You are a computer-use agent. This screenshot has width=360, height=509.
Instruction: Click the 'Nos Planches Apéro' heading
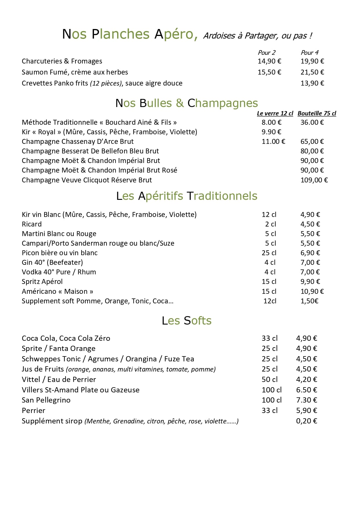[x=130, y=34]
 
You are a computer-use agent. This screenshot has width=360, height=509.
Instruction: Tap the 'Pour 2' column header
[x=266, y=52]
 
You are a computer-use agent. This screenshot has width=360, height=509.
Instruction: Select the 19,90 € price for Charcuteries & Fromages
[x=312, y=61]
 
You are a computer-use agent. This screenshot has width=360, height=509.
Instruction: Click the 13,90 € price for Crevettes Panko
[x=312, y=83]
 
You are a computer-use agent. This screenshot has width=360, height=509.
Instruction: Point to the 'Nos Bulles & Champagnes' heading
[x=187, y=103]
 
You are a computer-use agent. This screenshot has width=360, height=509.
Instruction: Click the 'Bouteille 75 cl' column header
[x=317, y=113]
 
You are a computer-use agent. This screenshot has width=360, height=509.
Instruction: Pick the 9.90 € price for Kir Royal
[x=271, y=132]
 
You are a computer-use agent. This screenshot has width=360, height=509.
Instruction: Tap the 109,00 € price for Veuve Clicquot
[x=314, y=180]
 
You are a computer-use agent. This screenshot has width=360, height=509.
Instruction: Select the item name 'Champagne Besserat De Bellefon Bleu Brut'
[x=90, y=151]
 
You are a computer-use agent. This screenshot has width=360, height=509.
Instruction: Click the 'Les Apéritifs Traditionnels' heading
[x=187, y=196]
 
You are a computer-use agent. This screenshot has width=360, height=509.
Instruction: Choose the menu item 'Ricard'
[x=32, y=224]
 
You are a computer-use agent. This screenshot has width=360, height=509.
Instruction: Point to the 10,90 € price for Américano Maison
[x=312, y=291]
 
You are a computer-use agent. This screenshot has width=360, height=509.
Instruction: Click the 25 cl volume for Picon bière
[x=269, y=253]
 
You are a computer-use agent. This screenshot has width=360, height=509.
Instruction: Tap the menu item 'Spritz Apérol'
[x=42, y=282]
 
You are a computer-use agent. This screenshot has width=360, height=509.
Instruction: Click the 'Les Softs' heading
[x=187, y=321]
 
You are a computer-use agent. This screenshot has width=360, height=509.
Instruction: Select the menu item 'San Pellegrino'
[x=46, y=400]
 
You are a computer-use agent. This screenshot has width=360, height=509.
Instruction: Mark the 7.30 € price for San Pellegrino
[x=307, y=400]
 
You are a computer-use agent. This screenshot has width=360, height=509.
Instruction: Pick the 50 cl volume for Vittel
[x=269, y=380]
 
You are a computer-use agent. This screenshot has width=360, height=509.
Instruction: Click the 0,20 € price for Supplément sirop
[x=307, y=421]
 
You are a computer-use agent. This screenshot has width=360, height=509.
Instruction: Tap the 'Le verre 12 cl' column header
[x=275, y=113]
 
